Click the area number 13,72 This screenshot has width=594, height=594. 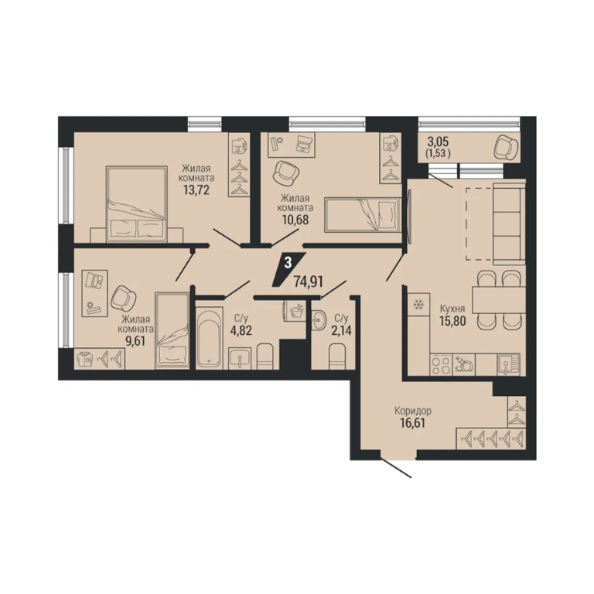tap(196, 189)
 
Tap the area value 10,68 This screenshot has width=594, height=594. tap(295, 220)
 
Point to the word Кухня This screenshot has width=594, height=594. tap(452, 309)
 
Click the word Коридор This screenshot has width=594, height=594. tap(413, 411)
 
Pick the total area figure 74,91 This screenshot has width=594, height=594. tap(308, 282)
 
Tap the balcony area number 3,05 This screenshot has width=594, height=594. tap(438, 142)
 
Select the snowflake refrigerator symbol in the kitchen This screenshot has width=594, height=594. tap(418, 304)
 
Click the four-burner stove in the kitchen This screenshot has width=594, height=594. tap(442, 364)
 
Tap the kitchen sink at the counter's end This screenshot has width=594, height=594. tap(509, 364)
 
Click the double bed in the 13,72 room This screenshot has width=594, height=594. tap(137, 203)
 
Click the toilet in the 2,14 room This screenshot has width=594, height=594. tap(338, 356)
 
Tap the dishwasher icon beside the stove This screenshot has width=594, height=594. tap(464, 364)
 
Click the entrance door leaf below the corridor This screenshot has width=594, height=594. tap(396, 468)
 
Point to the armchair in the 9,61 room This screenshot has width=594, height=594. tap(124, 298)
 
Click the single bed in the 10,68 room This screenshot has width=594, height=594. tap(363, 214)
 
